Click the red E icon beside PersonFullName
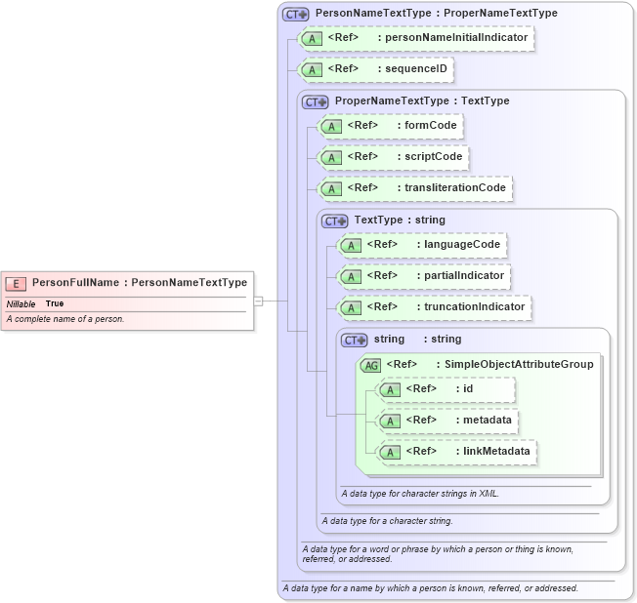(17, 283)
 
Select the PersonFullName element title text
(140, 283)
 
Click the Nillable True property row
(35, 303)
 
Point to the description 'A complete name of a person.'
(65, 319)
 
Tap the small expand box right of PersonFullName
(259, 301)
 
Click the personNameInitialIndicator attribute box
(417, 38)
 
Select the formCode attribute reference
(390, 126)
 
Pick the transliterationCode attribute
(415, 188)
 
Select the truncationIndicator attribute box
(435, 306)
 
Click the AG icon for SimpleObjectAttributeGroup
(370, 365)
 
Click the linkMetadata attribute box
(457, 452)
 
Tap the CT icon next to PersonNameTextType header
(295, 15)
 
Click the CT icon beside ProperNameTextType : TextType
(315, 101)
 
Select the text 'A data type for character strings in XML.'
(420, 494)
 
